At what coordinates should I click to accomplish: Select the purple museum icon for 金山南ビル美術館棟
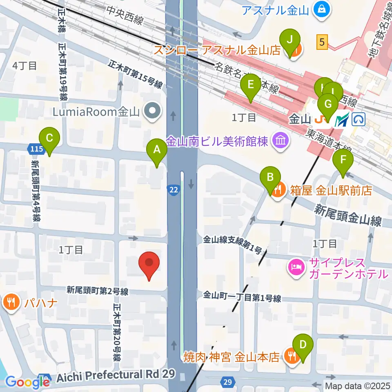[281, 142]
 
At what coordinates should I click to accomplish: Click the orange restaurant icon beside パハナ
[10, 303]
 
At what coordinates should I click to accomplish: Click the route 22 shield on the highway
[173, 189]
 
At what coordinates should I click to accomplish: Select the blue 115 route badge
[36, 149]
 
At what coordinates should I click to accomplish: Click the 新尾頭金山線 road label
[347, 216]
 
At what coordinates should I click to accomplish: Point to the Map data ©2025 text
[357, 386]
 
